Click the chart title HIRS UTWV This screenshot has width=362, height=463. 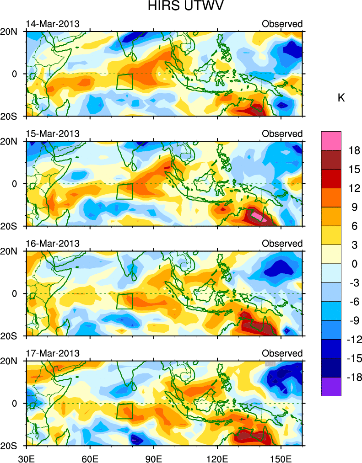(x=181, y=7)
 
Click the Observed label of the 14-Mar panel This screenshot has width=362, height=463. (x=282, y=24)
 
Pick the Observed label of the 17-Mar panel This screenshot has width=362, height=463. (x=282, y=353)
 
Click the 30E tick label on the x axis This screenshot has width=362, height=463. (x=26, y=457)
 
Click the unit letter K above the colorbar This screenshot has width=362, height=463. (x=341, y=98)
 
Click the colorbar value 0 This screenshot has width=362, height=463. (x=348, y=264)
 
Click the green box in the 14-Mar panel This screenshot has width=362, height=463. (x=124, y=81)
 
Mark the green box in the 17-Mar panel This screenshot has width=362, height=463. (x=124, y=411)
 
